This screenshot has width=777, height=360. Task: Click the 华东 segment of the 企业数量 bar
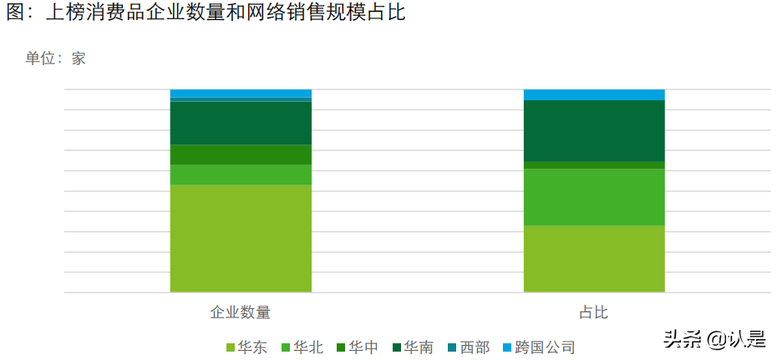(x=241, y=238)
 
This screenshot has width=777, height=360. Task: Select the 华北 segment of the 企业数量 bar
(x=241, y=175)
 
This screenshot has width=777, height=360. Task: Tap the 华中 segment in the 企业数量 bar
(x=241, y=155)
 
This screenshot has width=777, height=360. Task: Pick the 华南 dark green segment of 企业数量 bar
(x=241, y=123)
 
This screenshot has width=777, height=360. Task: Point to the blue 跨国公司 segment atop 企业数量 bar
(x=241, y=93)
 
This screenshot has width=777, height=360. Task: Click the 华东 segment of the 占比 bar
(x=594, y=259)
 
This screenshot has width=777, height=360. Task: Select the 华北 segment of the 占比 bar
(x=594, y=197)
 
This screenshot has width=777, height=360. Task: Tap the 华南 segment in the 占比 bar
(x=594, y=130)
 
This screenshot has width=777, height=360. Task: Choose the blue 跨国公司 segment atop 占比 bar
(x=594, y=94)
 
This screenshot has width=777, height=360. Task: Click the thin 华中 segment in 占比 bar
(x=594, y=165)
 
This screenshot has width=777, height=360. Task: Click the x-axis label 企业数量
(x=241, y=312)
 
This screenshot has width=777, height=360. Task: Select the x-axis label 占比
(x=594, y=312)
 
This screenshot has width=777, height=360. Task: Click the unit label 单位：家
(x=55, y=58)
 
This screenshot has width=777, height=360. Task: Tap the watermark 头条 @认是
(x=714, y=338)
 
